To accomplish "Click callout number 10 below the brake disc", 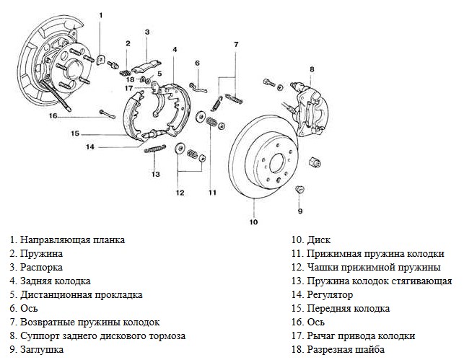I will coord(253,221).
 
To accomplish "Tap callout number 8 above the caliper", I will coord(312,69).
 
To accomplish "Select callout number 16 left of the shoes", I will coord(53,115).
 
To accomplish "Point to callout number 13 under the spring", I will coord(154,174).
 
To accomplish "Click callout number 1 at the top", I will coord(101,15).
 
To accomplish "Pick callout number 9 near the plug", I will coord(299,211).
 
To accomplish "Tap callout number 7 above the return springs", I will coord(235,45).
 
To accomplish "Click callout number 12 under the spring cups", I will coord(180,192).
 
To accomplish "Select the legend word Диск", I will coord(319,240).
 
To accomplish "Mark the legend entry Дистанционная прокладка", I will coord(82,295).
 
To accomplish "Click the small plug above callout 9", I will coord(299,190).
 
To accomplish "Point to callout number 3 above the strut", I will coord(146,32).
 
